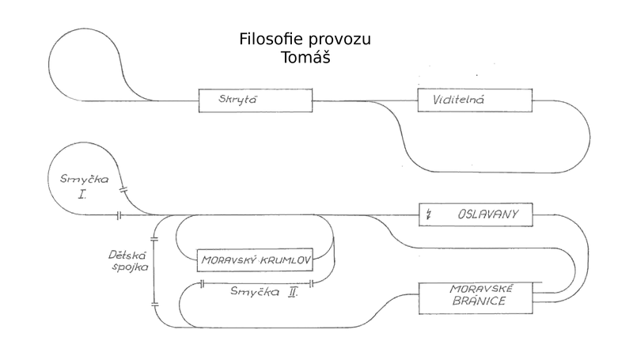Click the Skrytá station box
(x=255, y=100)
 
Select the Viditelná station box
(x=473, y=100)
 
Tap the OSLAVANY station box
(x=476, y=214)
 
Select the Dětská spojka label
(x=127, y=261)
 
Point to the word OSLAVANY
(x=485, y=214)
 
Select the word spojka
(x=127, y=268)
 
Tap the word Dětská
(x=127, y=255)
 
